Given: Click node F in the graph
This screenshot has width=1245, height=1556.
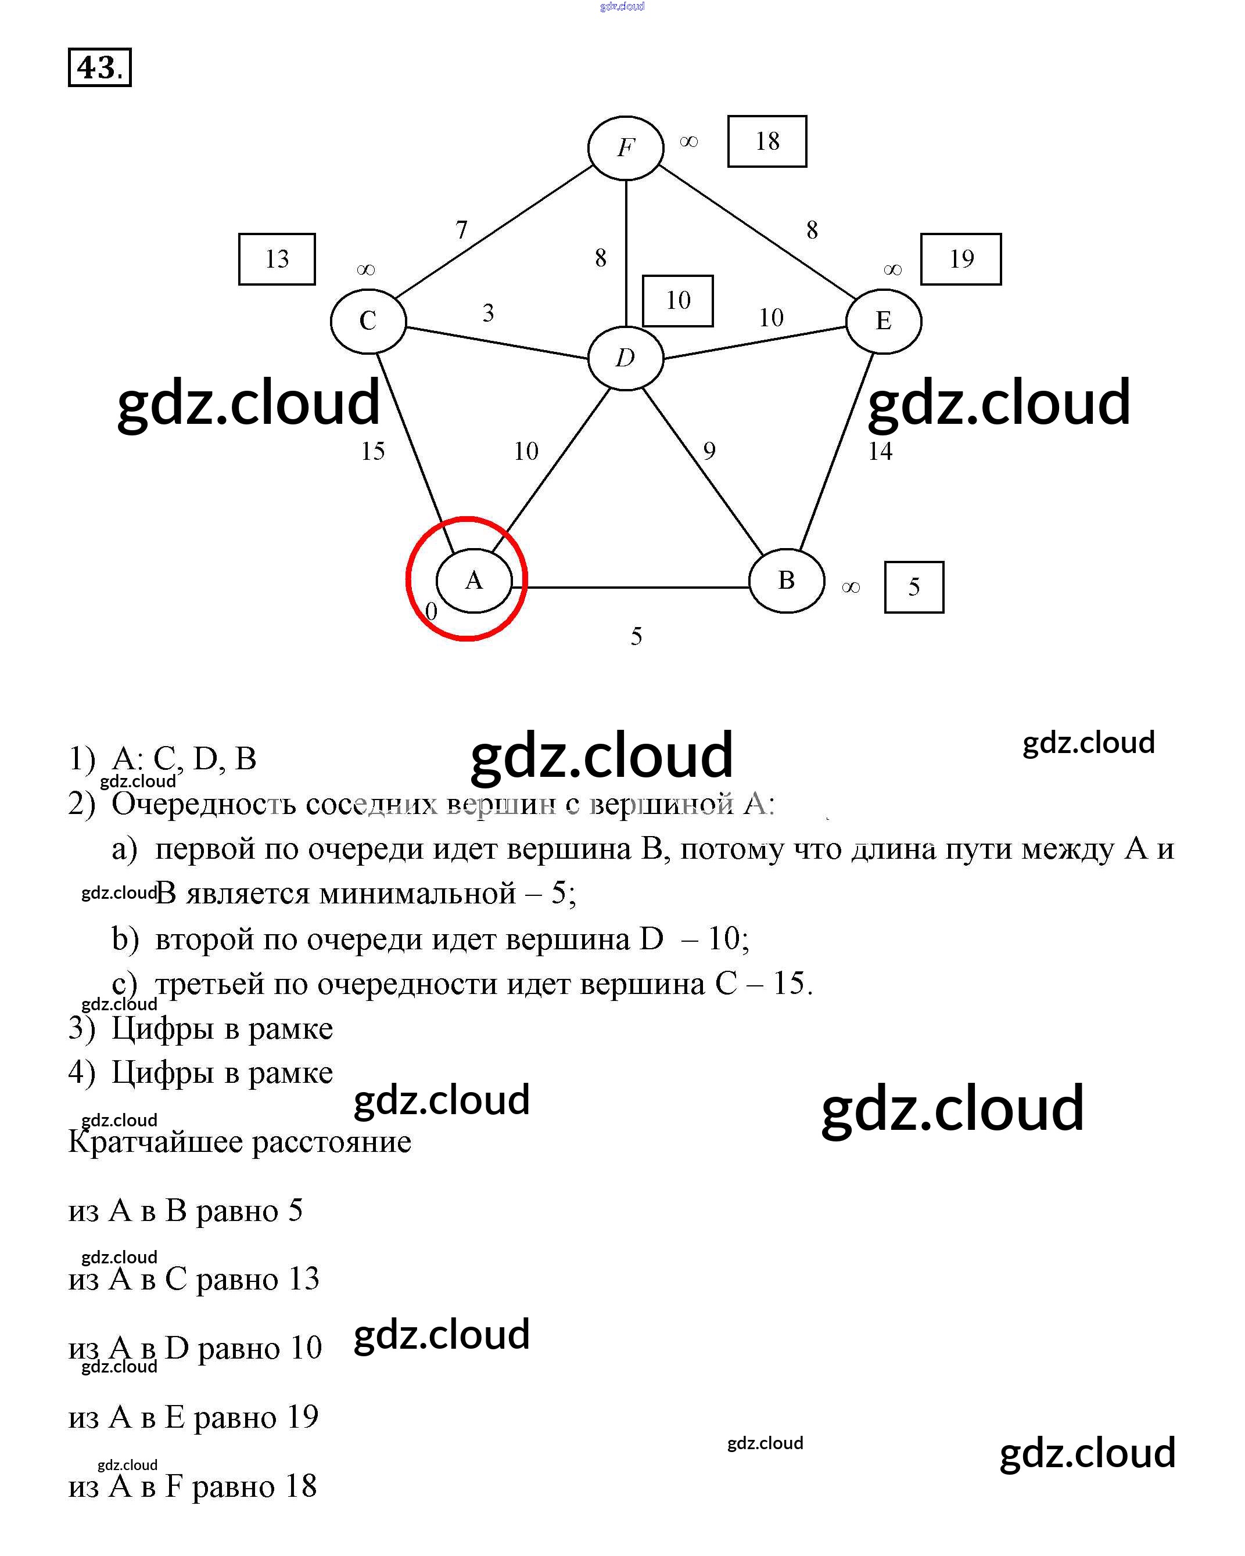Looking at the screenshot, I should pos(625,148).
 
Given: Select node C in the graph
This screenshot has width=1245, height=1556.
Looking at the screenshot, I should pos(368,320).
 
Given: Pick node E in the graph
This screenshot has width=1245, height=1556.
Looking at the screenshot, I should pos(883,320).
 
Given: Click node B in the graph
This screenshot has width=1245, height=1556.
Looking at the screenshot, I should pos(787,580).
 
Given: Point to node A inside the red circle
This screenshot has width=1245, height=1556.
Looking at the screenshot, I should pos(473,580).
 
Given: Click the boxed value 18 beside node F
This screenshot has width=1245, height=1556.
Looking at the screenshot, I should pos(767,142).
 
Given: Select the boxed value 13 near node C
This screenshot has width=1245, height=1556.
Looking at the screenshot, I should pos(277,259).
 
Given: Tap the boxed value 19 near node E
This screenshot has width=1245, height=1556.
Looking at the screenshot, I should pos(960,259).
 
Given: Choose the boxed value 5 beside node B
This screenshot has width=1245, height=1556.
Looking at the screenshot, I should pos(913,587).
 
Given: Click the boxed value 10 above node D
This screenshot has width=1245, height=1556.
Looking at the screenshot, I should pos(677,300).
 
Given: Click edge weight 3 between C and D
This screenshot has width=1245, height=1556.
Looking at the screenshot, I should pos(488,313).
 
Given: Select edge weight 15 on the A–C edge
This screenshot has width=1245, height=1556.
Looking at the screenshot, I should pos(372,452).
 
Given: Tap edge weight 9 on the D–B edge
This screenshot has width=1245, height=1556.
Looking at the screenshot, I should pos(709,452).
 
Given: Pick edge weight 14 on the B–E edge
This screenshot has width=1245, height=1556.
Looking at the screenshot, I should pos(880,452).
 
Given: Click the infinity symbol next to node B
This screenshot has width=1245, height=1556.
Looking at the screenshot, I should pos(851,588).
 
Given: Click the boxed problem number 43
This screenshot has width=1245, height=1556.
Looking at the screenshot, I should pos(100,68).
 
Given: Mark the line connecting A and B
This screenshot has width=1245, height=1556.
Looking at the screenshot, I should pos(636,588).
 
